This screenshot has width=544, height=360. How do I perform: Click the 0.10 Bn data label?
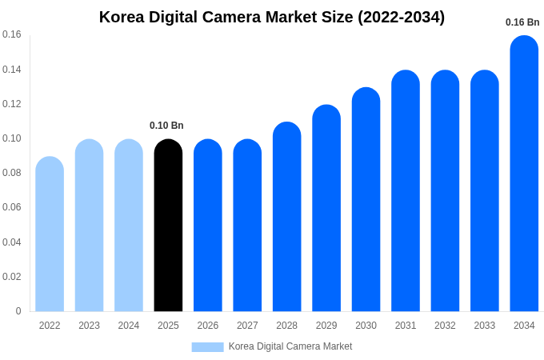(166, 126)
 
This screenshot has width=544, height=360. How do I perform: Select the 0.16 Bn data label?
(522, 22)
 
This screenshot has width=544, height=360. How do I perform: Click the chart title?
(272, 17)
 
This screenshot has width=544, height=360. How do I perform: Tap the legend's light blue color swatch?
(207, 347)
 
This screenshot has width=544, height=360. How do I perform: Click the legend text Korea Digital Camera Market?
(290, 346)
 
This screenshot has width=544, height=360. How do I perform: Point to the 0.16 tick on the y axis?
(12, 34)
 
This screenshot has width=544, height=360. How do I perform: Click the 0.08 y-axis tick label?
(12, 173)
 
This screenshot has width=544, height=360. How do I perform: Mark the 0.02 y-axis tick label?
(12, 277)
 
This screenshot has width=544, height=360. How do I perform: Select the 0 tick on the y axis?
(18, 311)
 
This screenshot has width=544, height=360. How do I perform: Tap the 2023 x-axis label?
(89, 326)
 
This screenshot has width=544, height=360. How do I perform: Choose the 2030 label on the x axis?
(366, 326)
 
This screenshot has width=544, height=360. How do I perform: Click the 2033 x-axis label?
(485, 326)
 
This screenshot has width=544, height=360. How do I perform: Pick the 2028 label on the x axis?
(286, 326)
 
